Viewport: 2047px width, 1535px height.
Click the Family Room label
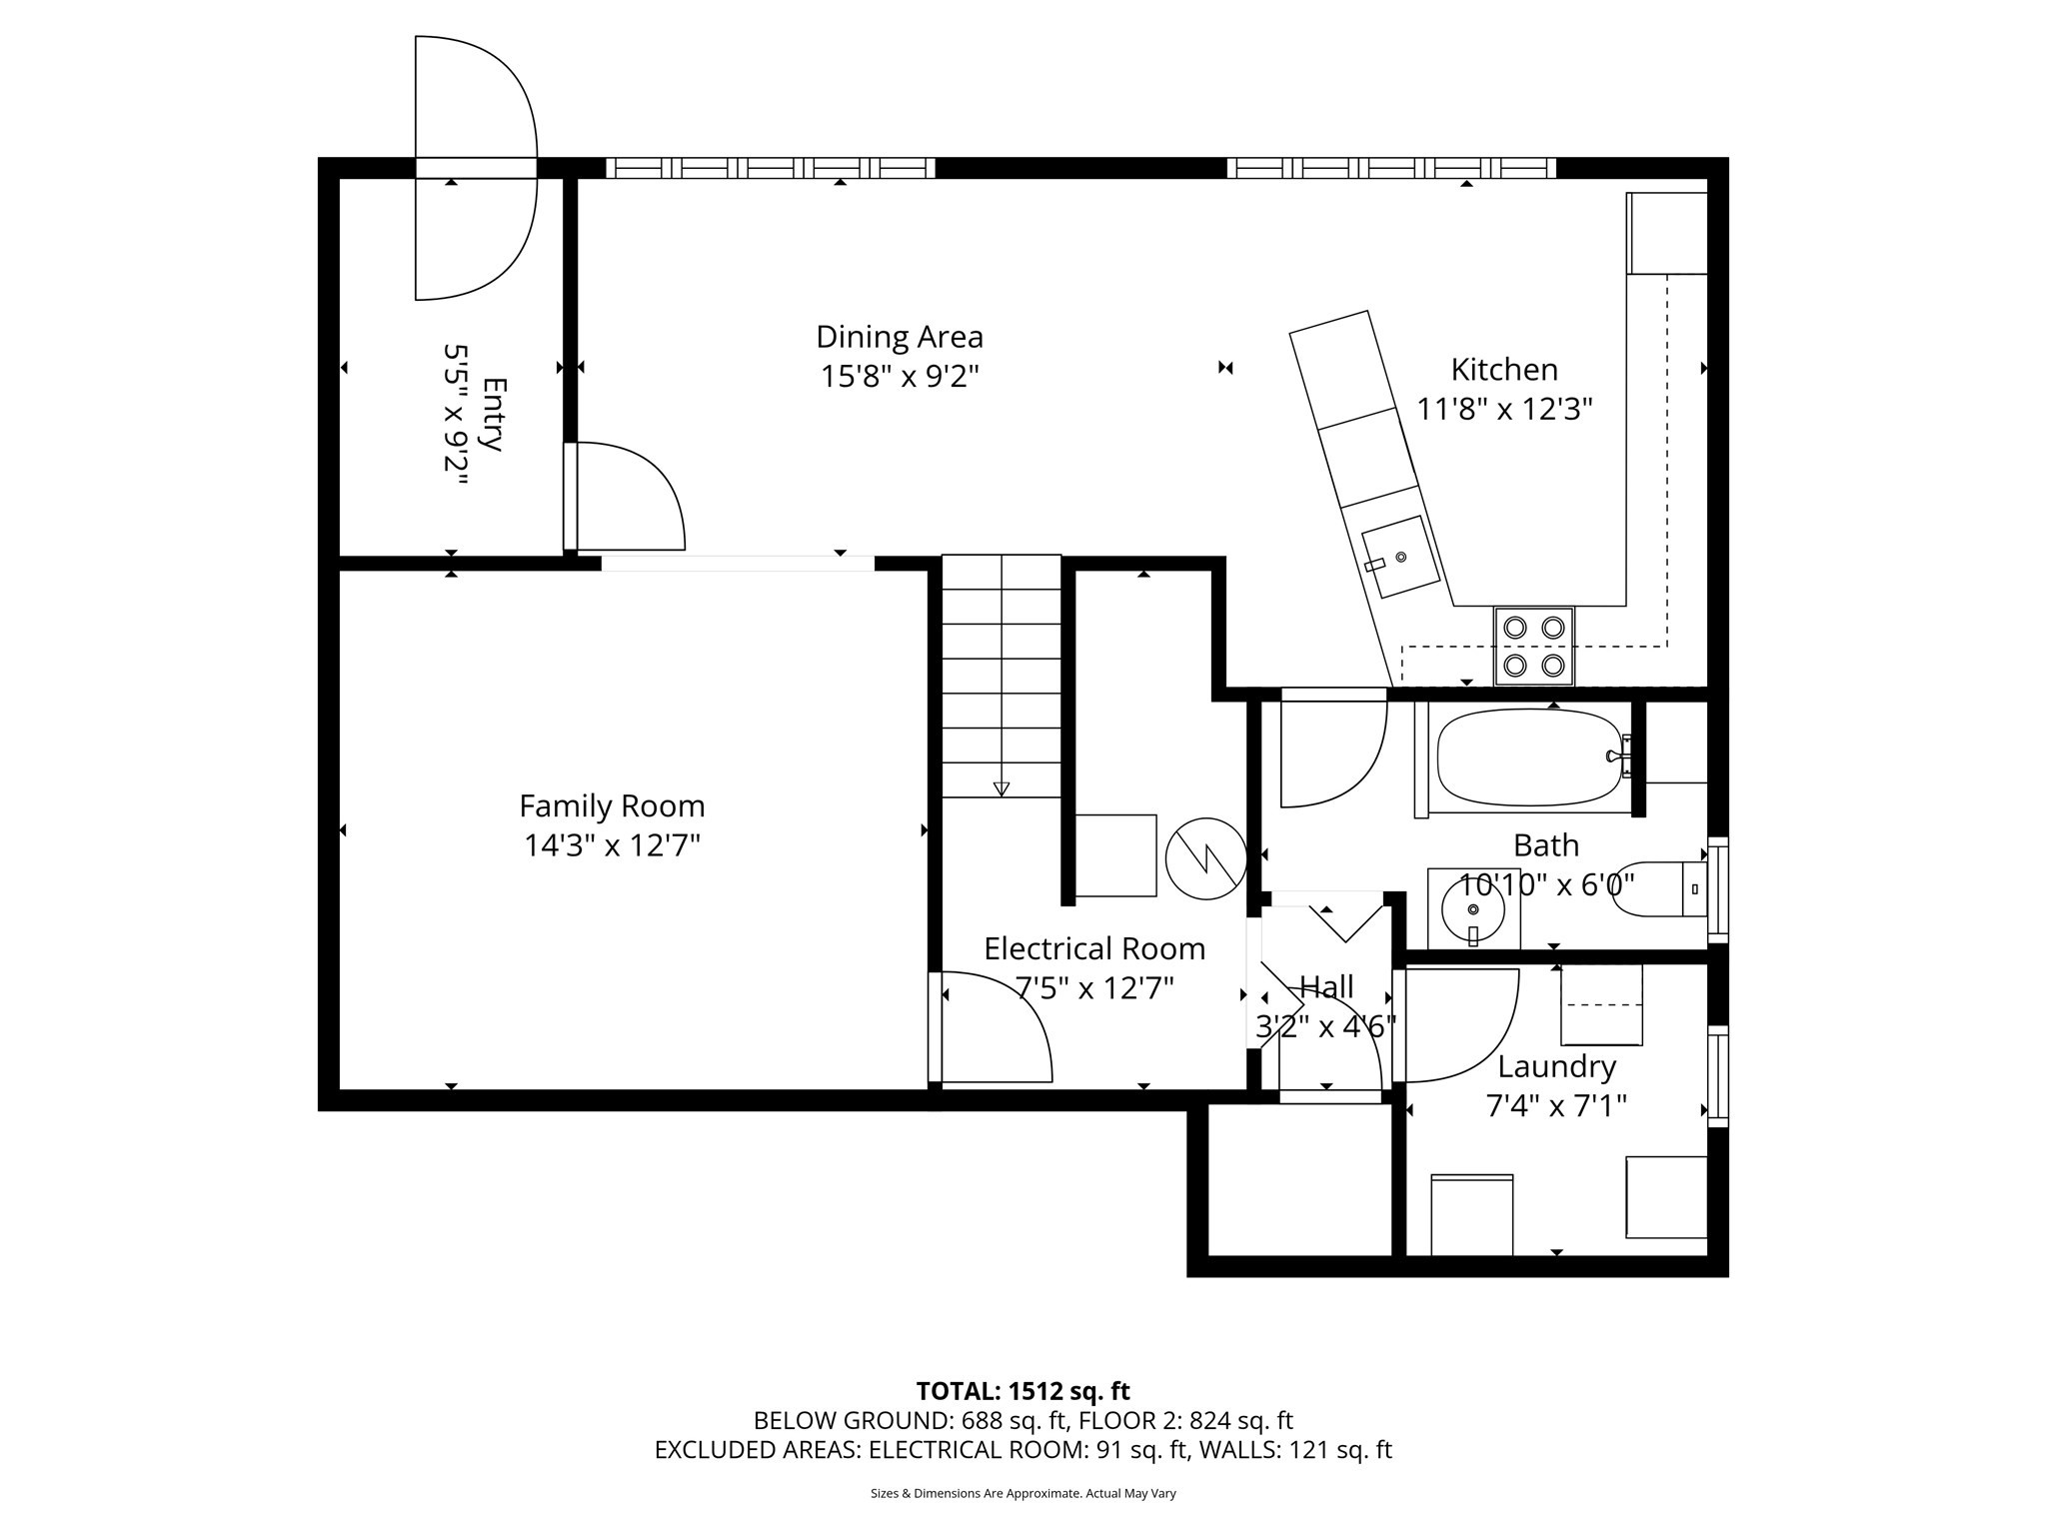(x=612, y=805)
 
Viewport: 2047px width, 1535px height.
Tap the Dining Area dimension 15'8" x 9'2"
(x=900, y=377)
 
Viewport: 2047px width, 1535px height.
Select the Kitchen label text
(x=1504, y=370)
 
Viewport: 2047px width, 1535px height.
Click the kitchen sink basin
(x=1399, y=557)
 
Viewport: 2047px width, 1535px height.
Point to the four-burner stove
(x=1533, y=646)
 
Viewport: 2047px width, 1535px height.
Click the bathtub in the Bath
(x=1529, y=757)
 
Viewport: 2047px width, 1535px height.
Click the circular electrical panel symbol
(x=1206, y=858)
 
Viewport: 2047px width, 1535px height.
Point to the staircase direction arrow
(x=1002, y=788)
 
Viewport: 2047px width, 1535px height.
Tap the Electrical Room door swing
(x=995, y=1029)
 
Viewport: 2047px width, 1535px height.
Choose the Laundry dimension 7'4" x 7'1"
(x=1556, y=1106)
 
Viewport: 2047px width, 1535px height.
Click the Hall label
(x=1326, y=987)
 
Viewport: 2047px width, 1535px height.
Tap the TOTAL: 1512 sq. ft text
(x=1023, y=1391)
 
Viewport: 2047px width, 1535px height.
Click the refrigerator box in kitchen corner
(x=1666, y=233)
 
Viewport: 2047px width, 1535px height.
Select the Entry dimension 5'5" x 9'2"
(x=456, y=415)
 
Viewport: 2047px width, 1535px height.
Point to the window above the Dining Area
(x=770, y=168)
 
